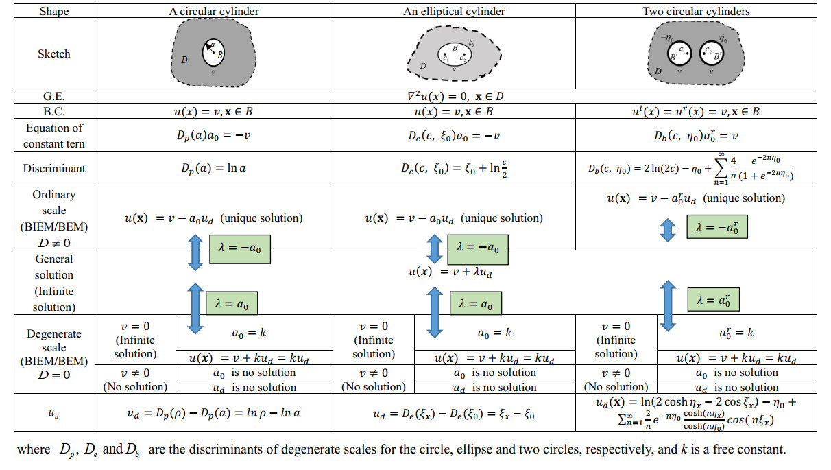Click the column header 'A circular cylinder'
pyautogui.click(x=213, y=11)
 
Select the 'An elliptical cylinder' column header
pyautogui.click(x=454, y=11)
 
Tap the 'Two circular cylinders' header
pyautogui.click(x=695, y=11)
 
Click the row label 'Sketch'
pyautogui.click(x=54, y=54)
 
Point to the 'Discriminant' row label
pyautogui.click(x=54, y=168)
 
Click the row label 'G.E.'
pyautogui.click(x=54, y=97)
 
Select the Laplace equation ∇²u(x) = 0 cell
pyautogui.click(x=454, y=97)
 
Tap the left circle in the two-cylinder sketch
pyautogui.click(x=680, y=54)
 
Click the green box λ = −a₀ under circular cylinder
pyautogui.click(x=241, y=251)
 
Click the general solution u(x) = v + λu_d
pyautogui.click(x=450, y=271)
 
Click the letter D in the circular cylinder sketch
pyautogui.click(x=184, y=60)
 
